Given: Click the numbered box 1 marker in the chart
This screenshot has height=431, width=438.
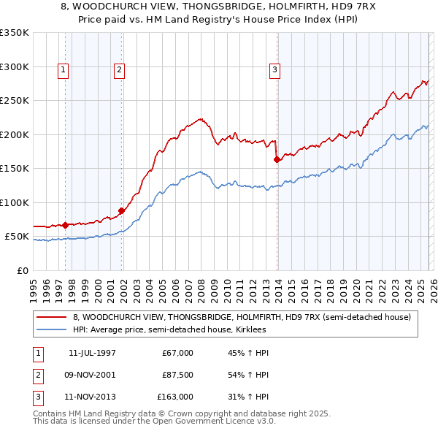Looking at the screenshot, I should (64, 70).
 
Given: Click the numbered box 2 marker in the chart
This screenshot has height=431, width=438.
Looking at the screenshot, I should (118, 70).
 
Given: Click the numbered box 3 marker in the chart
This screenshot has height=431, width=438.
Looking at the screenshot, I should (274, 70).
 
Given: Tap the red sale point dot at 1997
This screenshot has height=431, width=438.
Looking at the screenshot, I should (66, 225).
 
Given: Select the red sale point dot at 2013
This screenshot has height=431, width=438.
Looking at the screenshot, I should (277, 159).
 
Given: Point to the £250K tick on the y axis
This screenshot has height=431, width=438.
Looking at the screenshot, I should (15, 100).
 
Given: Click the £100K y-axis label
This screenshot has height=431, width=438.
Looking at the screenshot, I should (15, 202).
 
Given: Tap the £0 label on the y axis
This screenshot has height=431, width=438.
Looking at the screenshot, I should (21, 270).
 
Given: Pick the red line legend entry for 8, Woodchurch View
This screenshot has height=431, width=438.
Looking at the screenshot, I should (242, 317).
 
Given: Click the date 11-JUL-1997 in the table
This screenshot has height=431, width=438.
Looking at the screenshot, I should (92, 352).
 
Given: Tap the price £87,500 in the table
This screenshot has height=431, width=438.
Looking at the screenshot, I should (175, 375).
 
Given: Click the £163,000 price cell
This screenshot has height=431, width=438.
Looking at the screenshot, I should (175, 397).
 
